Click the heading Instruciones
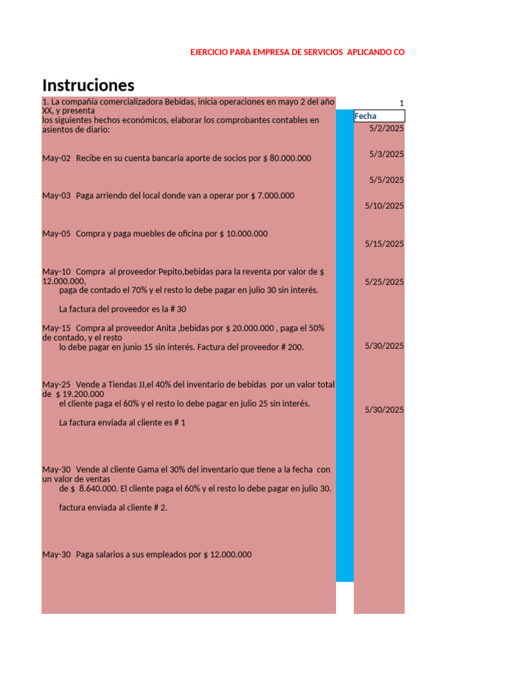coord(88,85)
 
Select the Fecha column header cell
coord(379,116)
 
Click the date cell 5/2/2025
coord(387,129)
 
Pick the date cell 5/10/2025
coord(385,206)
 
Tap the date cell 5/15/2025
coord(385,244)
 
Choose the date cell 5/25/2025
coord(385,282)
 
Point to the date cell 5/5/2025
coord(387,180)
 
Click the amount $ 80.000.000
coord(287,158)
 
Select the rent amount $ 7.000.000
coord(273,196)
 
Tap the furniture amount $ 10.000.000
coord(243,234)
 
